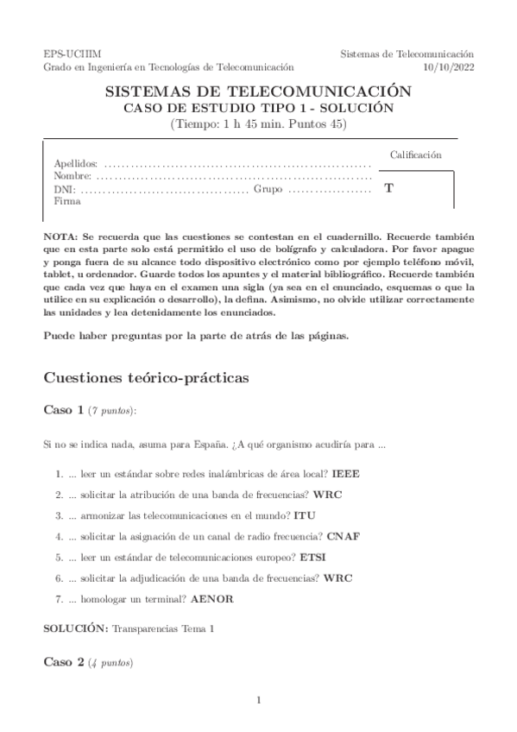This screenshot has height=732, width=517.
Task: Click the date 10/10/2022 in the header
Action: click(x=449, y=66)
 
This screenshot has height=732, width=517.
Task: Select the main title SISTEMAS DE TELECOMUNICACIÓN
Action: click(x=258, y=91)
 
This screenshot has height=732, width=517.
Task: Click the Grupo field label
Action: click(x=268, y=188)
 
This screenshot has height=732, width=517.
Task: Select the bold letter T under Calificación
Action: click(x=388, y=187)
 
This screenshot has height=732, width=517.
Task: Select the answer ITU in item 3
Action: click(x=305, y=515)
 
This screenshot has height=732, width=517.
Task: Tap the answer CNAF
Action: click(x=344, y=536)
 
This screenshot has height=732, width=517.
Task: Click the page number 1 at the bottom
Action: click(x=259, y=700)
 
